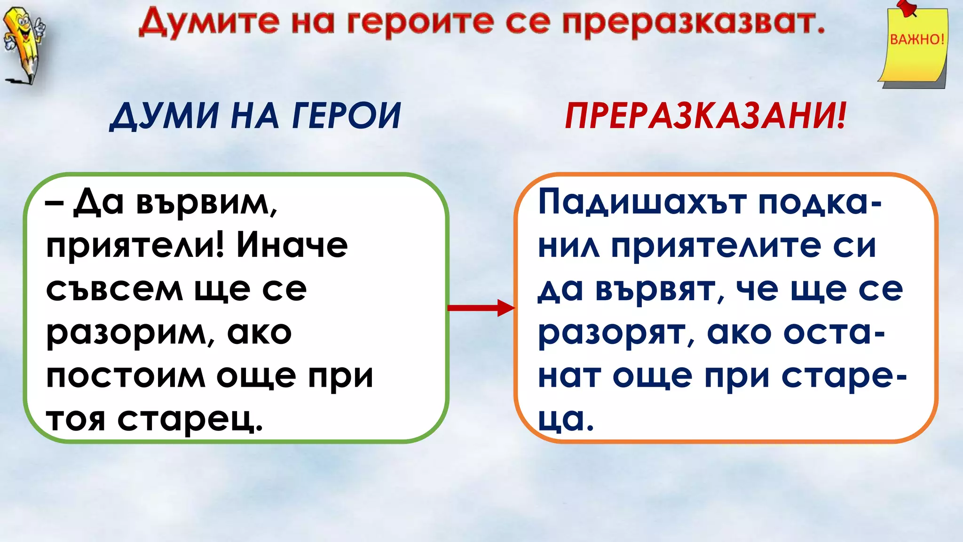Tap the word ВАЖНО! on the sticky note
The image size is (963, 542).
(917, 39)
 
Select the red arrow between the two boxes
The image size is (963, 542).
(481, 308)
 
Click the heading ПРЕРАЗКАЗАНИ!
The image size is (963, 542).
(705, 116)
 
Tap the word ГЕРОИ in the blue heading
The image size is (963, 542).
(347, 116)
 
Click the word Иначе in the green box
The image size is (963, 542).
(292, 246)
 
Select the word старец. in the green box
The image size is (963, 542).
(190, 420)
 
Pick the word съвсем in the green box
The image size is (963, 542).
(114, 289)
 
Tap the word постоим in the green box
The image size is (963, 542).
(126, 376)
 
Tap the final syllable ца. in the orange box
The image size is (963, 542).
(566, 420)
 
